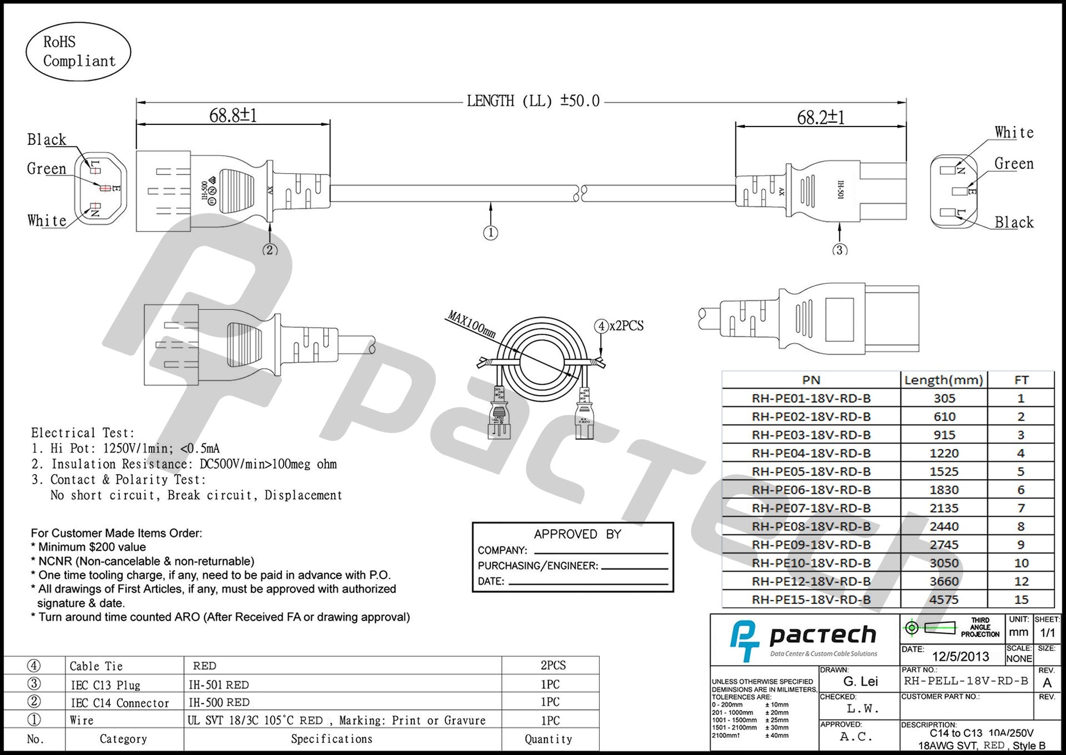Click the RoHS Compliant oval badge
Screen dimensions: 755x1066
[78, 52]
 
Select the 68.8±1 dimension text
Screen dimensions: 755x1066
[233, 115]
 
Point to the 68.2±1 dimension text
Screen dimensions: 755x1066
[821, 118]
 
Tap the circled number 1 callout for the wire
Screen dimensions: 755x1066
[490, 233]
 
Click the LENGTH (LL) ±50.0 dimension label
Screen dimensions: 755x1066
[533, 101]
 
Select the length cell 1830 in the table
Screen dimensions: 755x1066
[944, 490]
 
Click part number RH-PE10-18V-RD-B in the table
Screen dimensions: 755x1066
[811, 563]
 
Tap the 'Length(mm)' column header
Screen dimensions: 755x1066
[944, 380]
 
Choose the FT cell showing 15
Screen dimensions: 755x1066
[1021, 600]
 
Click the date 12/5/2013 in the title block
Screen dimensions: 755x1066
[961, 656]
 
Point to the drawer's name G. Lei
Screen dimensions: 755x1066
[861, 681]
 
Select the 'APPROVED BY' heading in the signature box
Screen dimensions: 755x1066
[577, 534]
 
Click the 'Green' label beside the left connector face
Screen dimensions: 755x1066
[47, 169]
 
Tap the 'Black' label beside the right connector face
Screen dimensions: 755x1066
[1014, 223]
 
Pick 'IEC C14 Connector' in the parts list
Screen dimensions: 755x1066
[120, 703]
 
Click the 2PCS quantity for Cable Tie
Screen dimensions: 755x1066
[553, 665]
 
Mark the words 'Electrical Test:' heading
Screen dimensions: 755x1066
[83, 433]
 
